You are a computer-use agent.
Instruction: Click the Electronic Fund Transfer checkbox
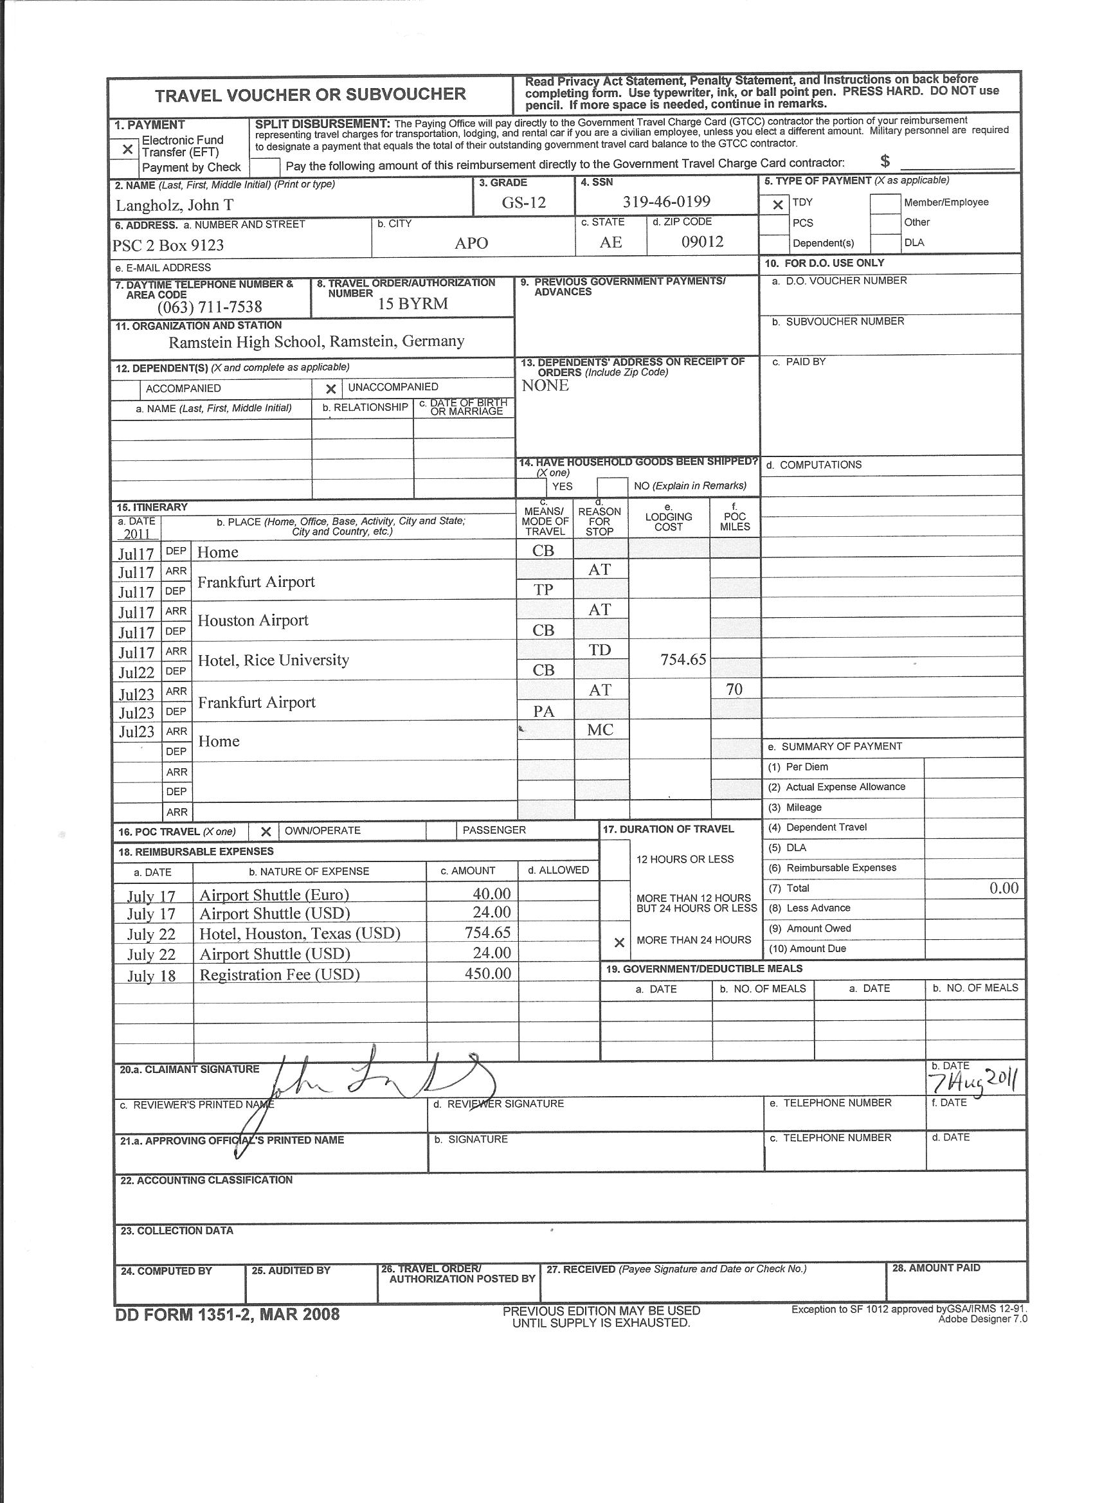click(x=127, y=149)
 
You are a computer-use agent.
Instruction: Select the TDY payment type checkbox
click(x=778, y=205)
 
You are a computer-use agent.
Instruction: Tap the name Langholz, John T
click(x=174, y=206)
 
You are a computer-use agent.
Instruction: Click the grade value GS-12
click(x=523, y=202)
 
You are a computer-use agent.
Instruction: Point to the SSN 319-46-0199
click(x=666, y=201)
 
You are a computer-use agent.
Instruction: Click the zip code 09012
click(x=702, y=241)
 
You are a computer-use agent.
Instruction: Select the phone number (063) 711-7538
click(x=210, y=307)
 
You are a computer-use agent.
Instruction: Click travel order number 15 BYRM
click(x=413, y=303)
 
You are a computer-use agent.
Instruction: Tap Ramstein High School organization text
click(x=316, y=341)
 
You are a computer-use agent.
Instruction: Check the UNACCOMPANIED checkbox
click(x=330, y=389)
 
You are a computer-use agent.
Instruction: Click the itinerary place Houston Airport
click(x=253, y=620)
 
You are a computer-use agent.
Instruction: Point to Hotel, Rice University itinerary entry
click(x=273, y=660)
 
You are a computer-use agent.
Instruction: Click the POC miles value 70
click(x=734, y=689)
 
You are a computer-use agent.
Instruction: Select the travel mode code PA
click(x=543, y=711)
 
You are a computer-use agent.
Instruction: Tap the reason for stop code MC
click(x=600, y=730)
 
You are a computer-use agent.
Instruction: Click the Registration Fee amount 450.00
click(x=487, y=973)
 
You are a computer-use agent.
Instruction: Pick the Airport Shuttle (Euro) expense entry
click(x=274, y=895)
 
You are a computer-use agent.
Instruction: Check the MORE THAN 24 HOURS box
click(x=619, y=942)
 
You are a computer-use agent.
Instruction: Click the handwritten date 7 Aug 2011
click(x=973, y=1082)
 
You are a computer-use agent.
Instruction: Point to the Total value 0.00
click(x=1004, y=888)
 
